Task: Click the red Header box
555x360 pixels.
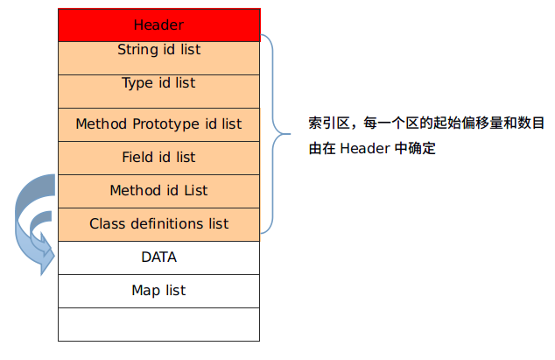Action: click(x=159, y=25)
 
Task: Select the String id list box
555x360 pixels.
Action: click(x=159, y=58)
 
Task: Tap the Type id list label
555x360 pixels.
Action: click(x=158, y=83)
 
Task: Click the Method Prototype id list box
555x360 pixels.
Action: click(x=159, y=124)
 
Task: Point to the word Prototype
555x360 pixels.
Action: click(x=165, y=124)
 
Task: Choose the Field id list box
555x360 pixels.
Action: click(x=159, y=158)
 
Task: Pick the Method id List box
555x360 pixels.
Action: click(x=159, y=191)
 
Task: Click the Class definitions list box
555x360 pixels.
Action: click(x=159, y=224)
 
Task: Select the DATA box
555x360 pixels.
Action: click(x=159, y=258)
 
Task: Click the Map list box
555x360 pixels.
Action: click(x=159, y=292)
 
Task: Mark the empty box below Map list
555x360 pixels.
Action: click(x=159, y=325)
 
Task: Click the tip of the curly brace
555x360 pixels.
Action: click(x=290, y=134)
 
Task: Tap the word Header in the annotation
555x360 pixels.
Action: click(x=365, y=148)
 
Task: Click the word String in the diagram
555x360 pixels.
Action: click(x=138, y=50)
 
